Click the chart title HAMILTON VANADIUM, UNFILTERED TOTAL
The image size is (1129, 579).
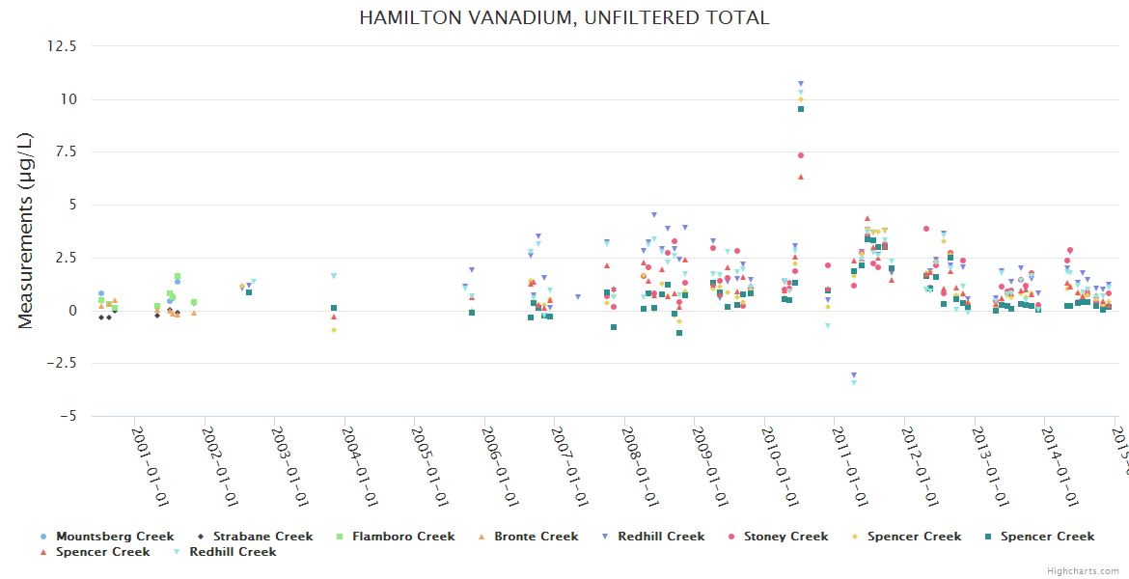pyautogui.click(x=564, y=18)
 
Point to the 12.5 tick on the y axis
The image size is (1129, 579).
pyautogui.click(x=64, y=46)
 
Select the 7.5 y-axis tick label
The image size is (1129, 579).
pyautogui.click(x=69, y=152)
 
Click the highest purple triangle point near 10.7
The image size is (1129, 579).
pyautogui.click(x=801, y=84)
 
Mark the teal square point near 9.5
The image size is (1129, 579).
pyautogui.click(x=801, y=109)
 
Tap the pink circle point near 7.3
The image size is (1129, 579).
pyautogui.click(x=801, y=155)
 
